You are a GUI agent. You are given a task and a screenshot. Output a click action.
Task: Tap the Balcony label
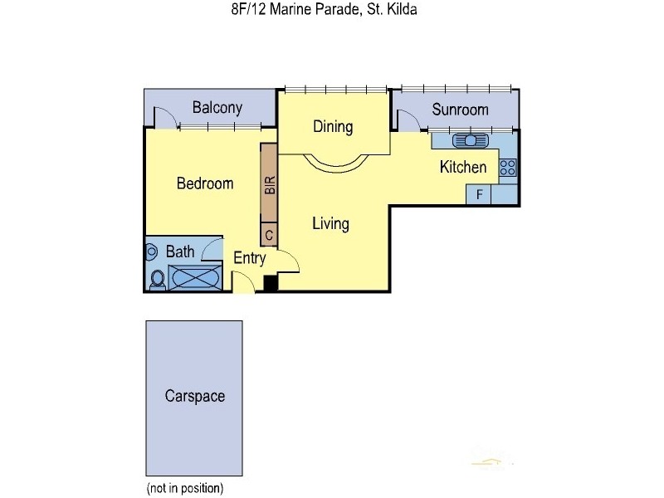[x=217, y=107]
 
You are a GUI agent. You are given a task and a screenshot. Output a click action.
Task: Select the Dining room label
[x=333, y=127]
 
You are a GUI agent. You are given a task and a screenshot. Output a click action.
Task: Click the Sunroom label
[x=460, y=110]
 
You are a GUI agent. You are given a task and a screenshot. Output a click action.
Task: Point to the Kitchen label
[x=462, y=168]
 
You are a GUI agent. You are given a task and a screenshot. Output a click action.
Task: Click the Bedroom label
[x=205, y=183]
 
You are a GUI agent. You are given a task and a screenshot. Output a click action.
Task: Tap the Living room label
[x=330, y=223]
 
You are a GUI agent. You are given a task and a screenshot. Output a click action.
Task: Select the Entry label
[x=249, y=258]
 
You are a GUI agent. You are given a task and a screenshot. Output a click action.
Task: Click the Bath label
[x=180, y=251]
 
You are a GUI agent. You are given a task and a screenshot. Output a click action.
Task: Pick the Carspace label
[x=194, y=396]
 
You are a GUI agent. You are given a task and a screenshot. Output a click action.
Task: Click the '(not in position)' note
[x=184, y=488]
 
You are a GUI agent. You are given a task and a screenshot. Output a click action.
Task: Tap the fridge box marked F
[x=479, y=194]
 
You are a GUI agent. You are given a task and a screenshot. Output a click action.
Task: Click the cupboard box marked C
[x=268, y=236]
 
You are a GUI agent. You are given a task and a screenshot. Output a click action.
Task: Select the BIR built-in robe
[x=268, y=184]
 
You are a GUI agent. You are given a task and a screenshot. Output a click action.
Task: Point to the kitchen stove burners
[x=508, y=168]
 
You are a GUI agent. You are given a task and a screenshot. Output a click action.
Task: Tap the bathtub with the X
[x=197, y=277]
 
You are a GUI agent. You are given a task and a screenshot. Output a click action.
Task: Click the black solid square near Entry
[x=270, y=283]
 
